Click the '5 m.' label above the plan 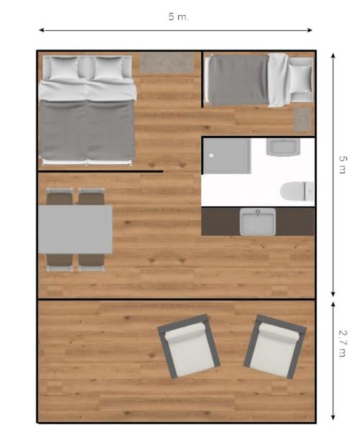(179, 17)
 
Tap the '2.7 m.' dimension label (343, 345)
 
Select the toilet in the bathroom (297, 191)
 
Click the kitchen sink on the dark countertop (258, 221)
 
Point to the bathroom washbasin (283, 147)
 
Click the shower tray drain (211, 155)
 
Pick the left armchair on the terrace (189, 347)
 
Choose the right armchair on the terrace (274, 347)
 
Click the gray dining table (75, 229)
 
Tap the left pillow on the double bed (64, 68)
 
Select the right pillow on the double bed (109, 68)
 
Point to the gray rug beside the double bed (167, 63)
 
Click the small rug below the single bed (303, 119)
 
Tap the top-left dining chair (60, 196)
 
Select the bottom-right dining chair (91, 262)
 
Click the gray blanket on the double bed (87, 129)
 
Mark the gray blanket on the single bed (239, 81)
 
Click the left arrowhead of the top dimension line (41, 30)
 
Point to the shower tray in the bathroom (227, 156)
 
